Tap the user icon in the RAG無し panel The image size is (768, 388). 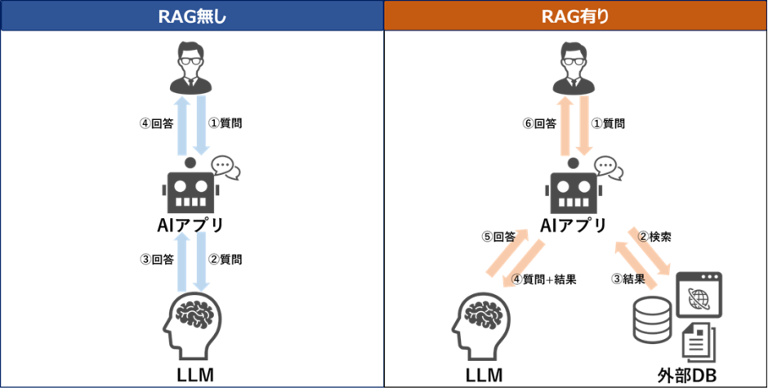(191, 70)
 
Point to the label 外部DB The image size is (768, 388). (683, 375)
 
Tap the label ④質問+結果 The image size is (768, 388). (543, 279)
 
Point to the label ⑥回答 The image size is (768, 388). (539, 124)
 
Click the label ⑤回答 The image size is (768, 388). (498, 238)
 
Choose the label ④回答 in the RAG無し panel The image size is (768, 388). (155, 124)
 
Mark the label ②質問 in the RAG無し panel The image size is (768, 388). (225, 260)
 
